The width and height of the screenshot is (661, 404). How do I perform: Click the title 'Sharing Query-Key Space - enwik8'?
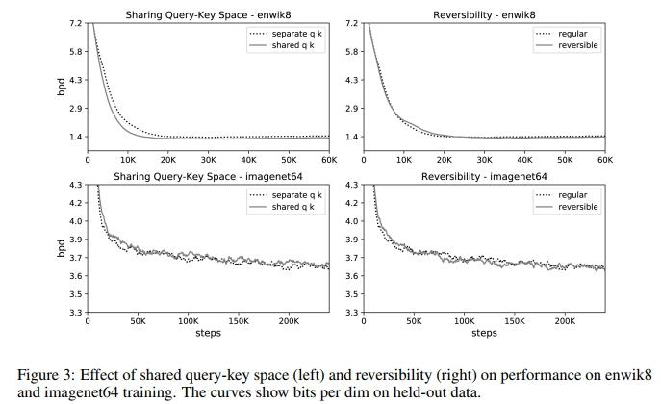pos(209,15)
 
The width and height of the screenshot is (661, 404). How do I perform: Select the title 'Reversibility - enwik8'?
pos(484,15)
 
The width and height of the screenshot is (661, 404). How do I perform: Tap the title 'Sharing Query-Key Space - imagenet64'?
pos(209,177)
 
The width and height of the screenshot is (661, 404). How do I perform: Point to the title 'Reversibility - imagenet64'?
pos(484,177)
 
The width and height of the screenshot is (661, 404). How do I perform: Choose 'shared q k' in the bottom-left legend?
pos(292,207)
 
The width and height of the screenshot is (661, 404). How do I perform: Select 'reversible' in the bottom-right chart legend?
pos(578,207)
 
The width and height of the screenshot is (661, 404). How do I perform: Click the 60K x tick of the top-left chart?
pos(329,160)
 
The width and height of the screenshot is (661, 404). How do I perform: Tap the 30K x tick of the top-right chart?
pos(484,160)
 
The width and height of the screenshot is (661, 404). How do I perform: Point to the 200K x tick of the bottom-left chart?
pos(289,321)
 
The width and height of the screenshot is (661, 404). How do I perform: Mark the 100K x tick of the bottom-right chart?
pos(464,321)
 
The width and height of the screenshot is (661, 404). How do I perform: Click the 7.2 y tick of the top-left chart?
pos(75,22)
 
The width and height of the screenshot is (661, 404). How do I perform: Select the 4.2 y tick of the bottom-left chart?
pos(75,203)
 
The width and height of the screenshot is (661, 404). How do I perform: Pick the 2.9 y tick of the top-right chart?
pos(351,109)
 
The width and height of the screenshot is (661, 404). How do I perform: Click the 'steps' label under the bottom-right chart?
pos(484,333)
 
